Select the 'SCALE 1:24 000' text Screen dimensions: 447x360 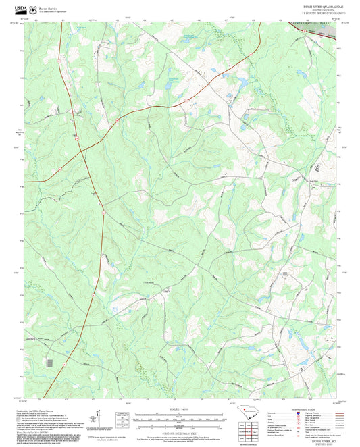[x=180, y=409]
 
